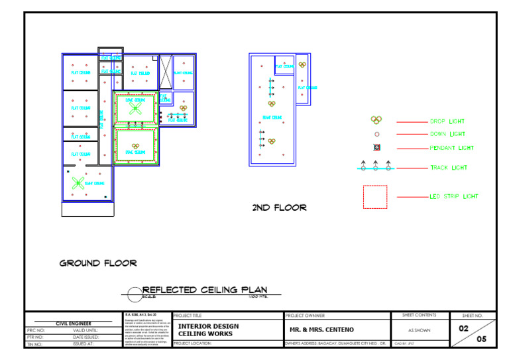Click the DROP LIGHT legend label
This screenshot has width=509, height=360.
pyautogui.click(x=447, y=122)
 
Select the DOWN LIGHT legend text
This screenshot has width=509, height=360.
pyautogui.click(x=447, y=135)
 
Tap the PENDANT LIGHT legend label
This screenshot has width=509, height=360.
pyautogui.click(x=452, y=148)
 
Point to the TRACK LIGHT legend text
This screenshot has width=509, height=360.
pyautogui.click(x=449, y=168)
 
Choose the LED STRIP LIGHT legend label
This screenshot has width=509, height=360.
pyautogui.click(x=454, y=197)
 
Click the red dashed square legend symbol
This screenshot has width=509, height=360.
pyautogui.click(x=374, y=197)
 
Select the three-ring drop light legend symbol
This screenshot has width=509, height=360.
pyautogui.click(x=376, y=120)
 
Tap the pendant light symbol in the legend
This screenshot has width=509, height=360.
pyautogui.click(x=376, y=147)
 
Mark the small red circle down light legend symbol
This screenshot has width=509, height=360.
pyautogui.click(x=376, y=135)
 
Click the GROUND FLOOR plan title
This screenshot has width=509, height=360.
pyautogui.click(x=98, y=263)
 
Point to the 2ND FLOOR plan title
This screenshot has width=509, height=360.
pyautogui.click(x=279, y=208)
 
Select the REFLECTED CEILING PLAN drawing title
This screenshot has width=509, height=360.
pyautogui.click(x=205, y=290)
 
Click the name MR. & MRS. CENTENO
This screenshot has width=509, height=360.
pyautogui.click(x=322, y=330)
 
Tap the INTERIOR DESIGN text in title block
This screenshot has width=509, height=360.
pyautogui.click(x=208, y=326)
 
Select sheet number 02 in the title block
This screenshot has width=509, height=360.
pyautogui.click(x=465, y=328)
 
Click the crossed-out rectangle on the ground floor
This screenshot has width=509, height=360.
pyautogui.click(x=166, y=72)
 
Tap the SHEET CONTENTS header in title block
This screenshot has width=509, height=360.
pyautogui.click(x=419, y=316)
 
